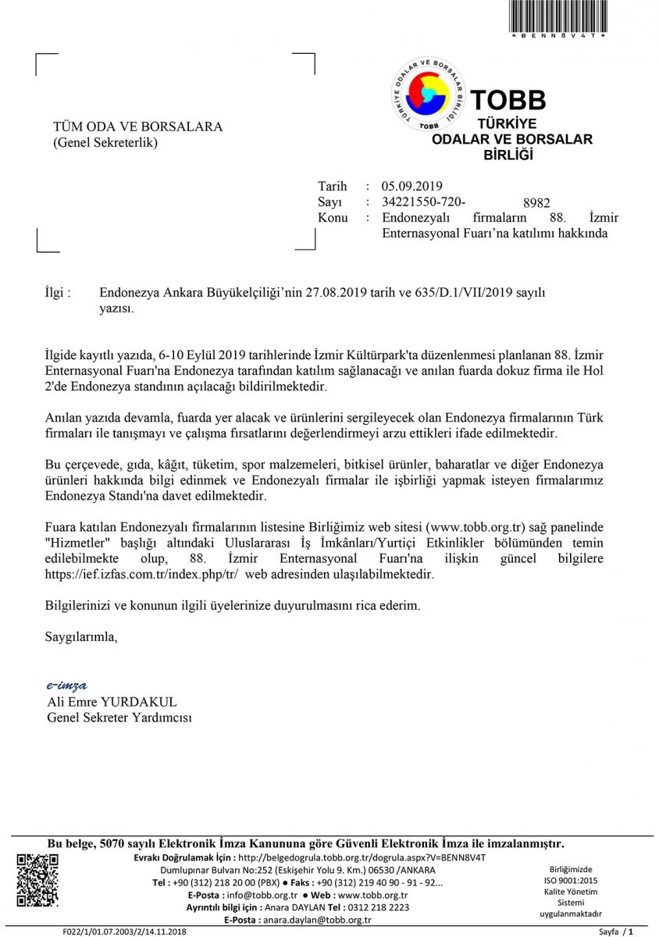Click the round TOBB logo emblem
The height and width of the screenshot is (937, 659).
(x=428, y=94)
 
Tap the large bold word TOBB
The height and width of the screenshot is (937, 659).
(x=508, y=100)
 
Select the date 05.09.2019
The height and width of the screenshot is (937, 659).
(x=412, y=186)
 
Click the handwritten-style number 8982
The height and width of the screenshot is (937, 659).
(x=536, y=201)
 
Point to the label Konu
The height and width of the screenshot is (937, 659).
(x=333, y=218)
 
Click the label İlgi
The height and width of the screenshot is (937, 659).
(x=59, y=293)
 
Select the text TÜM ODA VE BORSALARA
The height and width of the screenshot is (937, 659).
(x=137, y=126)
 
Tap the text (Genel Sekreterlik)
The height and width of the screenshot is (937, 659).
(x=105, y=142)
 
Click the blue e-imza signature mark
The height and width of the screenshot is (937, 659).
(x=67, y=686)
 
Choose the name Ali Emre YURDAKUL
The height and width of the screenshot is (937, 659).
(x=112, y=702)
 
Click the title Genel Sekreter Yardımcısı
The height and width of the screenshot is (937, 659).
(x=119, y=718)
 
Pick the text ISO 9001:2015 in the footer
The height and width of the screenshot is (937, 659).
(x=571, y=880)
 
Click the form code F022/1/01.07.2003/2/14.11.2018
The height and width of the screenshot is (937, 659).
(x=125, y=932)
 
